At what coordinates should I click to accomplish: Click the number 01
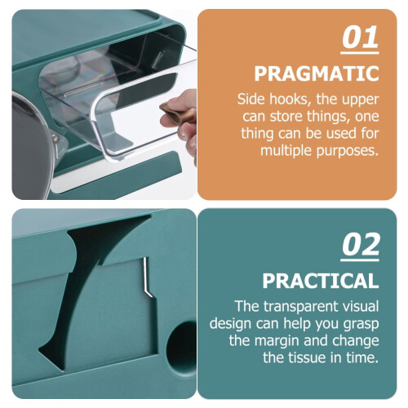pyautogui.click(x=360, y=38)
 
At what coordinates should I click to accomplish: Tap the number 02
pyautogui.click(x=360, y=245)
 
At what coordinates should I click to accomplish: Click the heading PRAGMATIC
pyautogui.click(x=317, y=73)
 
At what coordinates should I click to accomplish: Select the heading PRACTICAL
pyautogui.click(x=321, y=281)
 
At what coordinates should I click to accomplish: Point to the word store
pyautogui.click(x=286, y=117)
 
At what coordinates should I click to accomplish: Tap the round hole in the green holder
pyautogui.click(x=182, y=347)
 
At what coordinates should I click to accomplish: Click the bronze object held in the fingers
pyautogui.click(x=177, y=112)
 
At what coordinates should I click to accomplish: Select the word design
pyautogui.click(x=230, y=325)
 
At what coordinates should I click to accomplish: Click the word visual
pyautogui.click(x=357, y=306)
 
